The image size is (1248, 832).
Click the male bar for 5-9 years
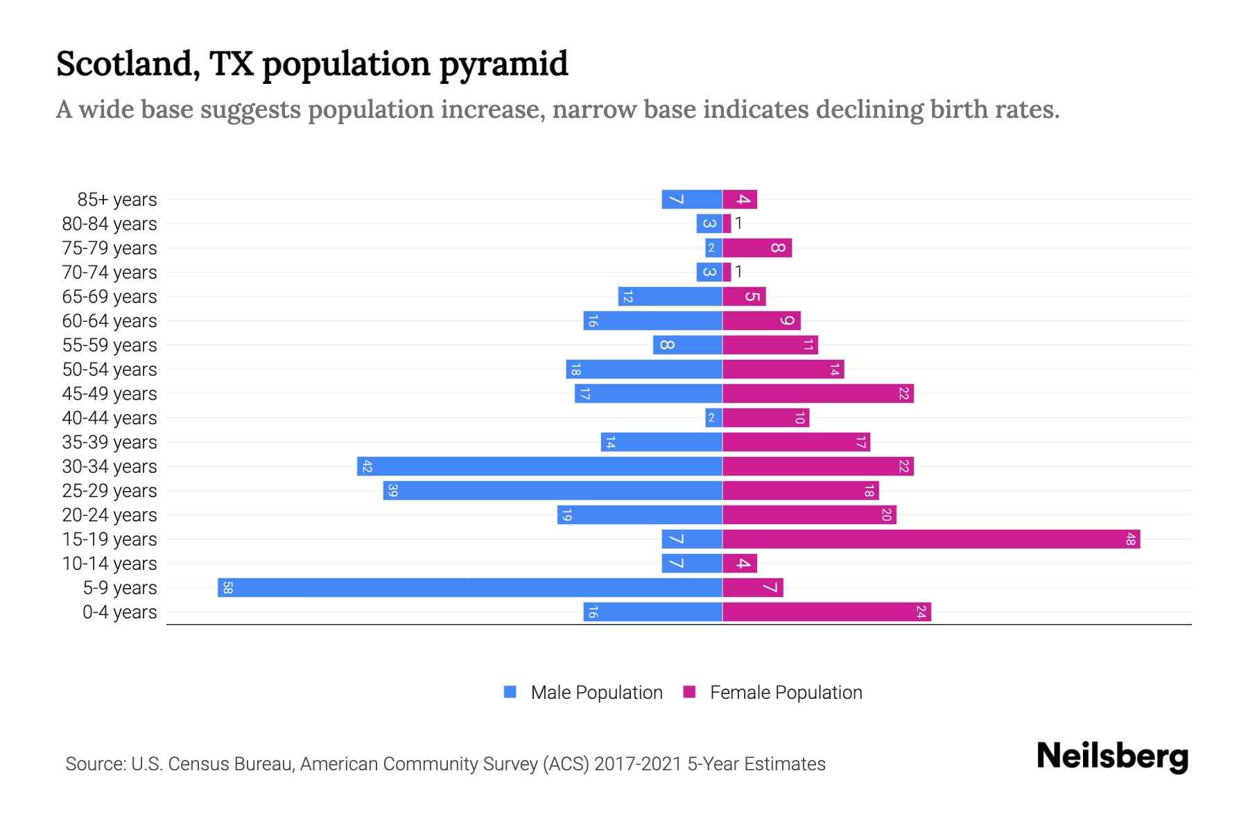click(470, 588)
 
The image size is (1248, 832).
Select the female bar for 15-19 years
click(931, 539)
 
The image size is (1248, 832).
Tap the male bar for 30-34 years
click(539, 467)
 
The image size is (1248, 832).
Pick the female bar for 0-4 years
click(826, 612)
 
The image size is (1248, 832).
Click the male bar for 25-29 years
click(553, 491)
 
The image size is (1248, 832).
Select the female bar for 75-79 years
click(757, 248)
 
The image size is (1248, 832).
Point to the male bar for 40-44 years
click(713, 418)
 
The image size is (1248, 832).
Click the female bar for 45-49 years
click(818, 394)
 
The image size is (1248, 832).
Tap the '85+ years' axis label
click(116, 200)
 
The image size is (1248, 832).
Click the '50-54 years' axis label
click(110, 370)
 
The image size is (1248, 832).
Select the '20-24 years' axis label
click(110, 515)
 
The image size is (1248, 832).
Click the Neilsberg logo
click(1112, 756)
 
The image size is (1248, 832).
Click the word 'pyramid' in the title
click(503, 64)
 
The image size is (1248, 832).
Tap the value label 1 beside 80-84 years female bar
click(738, 223)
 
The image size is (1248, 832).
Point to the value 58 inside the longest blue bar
click(227, 588)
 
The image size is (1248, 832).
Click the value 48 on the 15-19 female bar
click(1130, 539)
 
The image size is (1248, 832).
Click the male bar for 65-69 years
click(670, 297)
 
